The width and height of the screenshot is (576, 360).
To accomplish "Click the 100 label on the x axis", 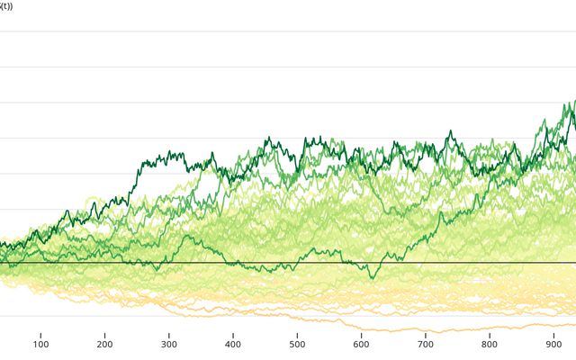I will (40, 344).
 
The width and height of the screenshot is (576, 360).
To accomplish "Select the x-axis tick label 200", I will (104, 344).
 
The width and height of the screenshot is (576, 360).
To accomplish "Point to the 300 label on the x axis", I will (169, 344).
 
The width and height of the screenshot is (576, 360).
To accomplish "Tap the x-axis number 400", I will (233, 344).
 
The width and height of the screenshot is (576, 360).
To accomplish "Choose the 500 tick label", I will (297, 344).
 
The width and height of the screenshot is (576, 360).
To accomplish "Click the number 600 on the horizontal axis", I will (361, 344).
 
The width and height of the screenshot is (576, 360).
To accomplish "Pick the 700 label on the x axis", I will (426, 344).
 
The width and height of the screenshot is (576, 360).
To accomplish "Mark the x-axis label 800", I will (490, 344).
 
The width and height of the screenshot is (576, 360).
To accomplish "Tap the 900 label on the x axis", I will (553, 344).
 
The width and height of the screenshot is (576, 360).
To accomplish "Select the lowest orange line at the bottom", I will (432, 330).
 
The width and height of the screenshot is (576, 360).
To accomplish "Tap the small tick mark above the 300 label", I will (169, 333).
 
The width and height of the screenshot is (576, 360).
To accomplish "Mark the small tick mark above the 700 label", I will (426, 333).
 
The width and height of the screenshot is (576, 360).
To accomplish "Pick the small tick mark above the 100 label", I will (40, 333).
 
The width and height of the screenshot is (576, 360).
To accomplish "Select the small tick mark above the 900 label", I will (553, 333).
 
